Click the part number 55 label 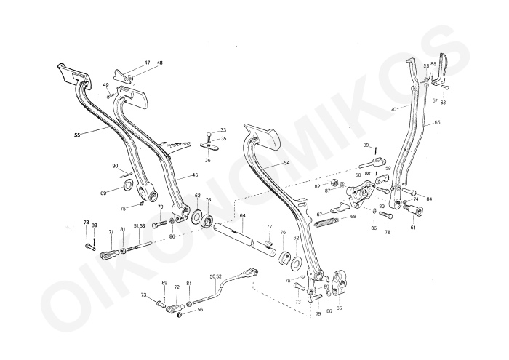(x=78, y=135)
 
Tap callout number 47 (x=147, y=63)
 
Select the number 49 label (x=105, y=85)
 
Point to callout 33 (x=223, y=129)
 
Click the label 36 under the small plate (x=207, y=161)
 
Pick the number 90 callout (x=116, y=166)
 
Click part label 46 (x=195, y=175)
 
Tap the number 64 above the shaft (x=242, y=215)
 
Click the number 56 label (x=200, y=309)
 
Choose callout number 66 (x=339, y=308)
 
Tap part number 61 (x=414, y=228)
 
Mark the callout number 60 (x=358, y=175)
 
